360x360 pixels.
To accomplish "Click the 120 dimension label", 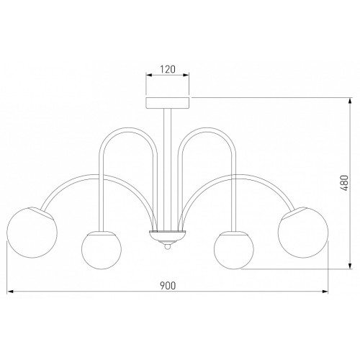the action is tap(168, 69).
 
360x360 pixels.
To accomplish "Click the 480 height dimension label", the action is tap(344, 184).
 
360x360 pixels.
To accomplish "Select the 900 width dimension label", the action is tap(168, 285).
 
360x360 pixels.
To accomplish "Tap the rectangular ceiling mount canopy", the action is tap(168, 103).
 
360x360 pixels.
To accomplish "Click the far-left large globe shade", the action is tap(32, 233).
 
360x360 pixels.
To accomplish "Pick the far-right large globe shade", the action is tap(303, 233).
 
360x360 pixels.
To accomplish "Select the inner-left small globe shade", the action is tap(102, 250).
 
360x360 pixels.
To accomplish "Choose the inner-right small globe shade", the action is tap(233, 250).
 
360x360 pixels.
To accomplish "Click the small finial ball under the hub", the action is tap(168, 246).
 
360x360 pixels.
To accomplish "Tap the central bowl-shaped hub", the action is tap(168, 236).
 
